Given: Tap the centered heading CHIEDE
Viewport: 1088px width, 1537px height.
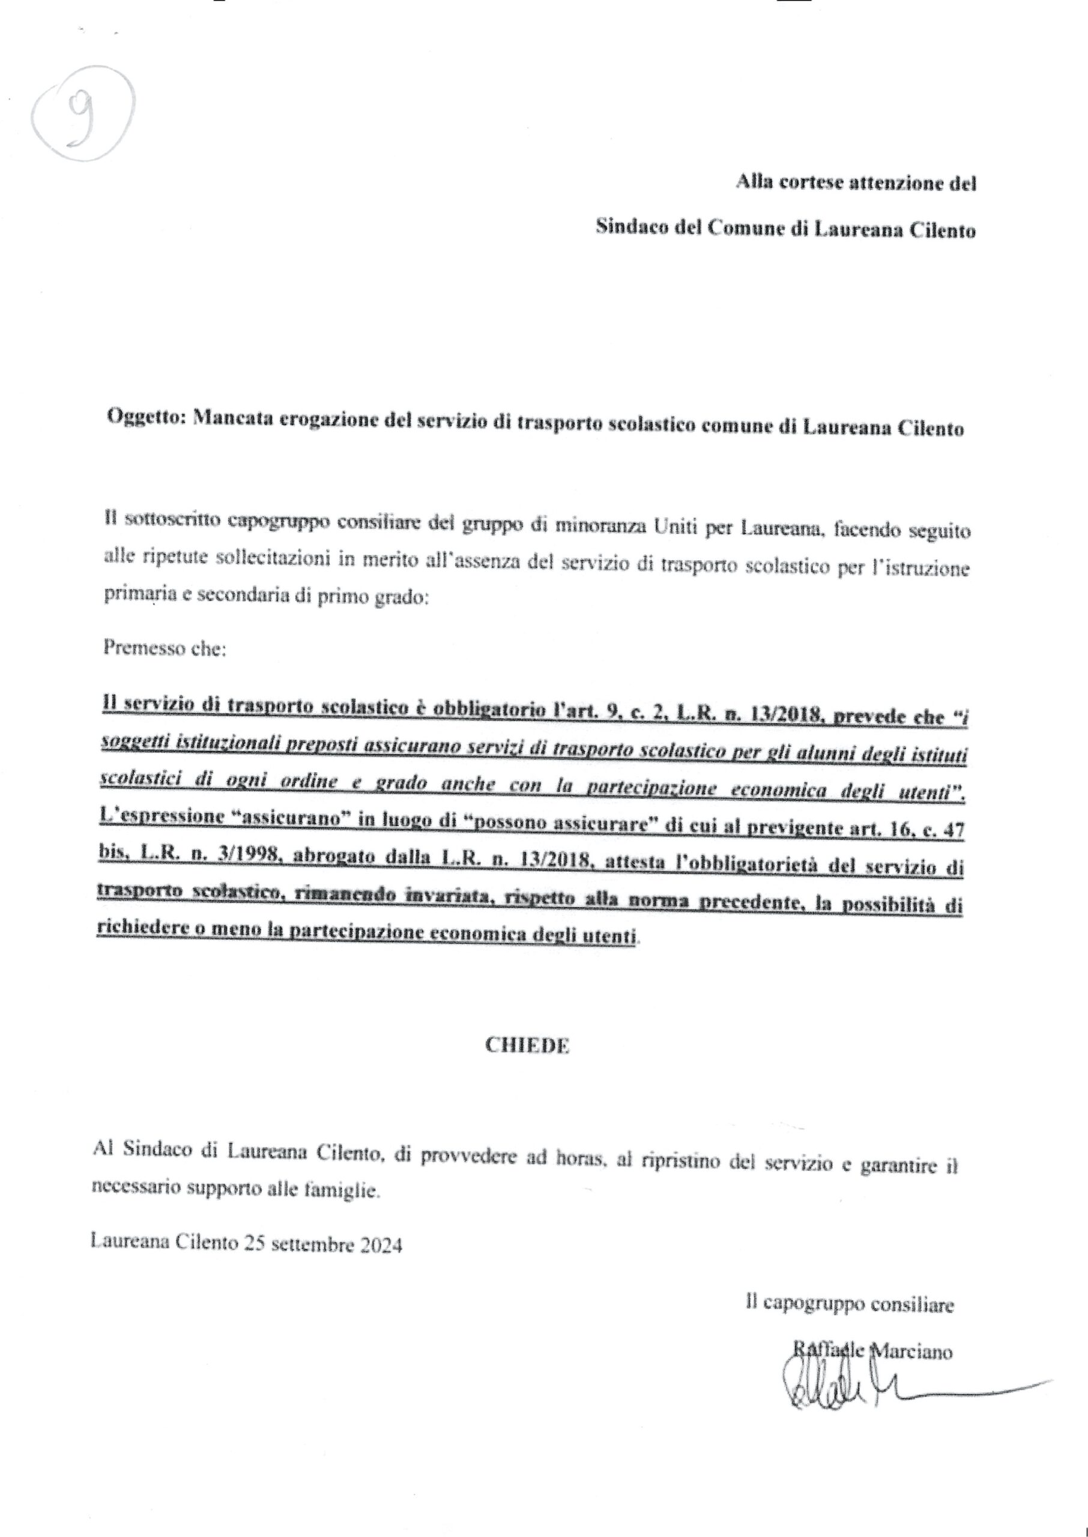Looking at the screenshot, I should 527,1048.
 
